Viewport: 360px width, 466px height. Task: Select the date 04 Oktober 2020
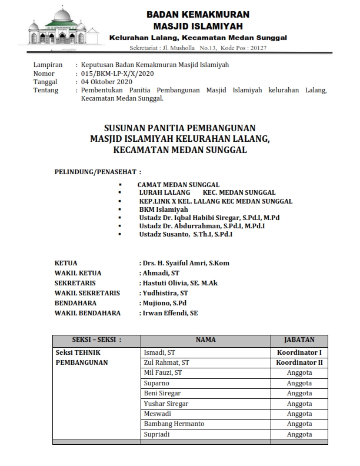(107, 82)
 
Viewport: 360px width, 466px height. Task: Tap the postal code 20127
(257, 48)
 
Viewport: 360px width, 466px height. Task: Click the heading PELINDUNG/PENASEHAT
(98, 172)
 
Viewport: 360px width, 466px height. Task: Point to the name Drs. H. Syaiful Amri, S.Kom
(185, 263)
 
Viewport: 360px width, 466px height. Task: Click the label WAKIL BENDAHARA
(88, 313)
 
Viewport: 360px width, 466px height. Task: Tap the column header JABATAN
(299, 339)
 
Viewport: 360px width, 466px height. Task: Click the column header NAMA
(205, 339)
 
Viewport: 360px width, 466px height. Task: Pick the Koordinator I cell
(299, 352)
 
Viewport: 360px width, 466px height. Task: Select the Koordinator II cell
(299, 362)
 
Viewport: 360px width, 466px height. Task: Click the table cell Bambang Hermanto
(174, 424)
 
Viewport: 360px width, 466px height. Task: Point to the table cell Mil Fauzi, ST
(163, 372)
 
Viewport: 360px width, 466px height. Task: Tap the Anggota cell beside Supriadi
(299, 434)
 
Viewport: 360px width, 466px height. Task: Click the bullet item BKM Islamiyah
(164, 209)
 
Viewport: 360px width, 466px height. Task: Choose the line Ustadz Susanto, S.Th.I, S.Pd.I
(186, 234)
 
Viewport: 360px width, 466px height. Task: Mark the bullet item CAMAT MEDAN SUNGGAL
(178, 184)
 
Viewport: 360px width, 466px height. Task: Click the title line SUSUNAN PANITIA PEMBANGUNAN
(179, 127)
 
